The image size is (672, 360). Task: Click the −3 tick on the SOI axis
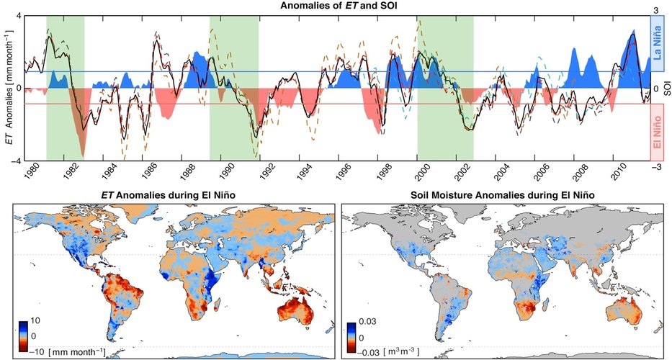[x=657, y=166]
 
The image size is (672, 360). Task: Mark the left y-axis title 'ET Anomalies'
[x=6, y=88]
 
